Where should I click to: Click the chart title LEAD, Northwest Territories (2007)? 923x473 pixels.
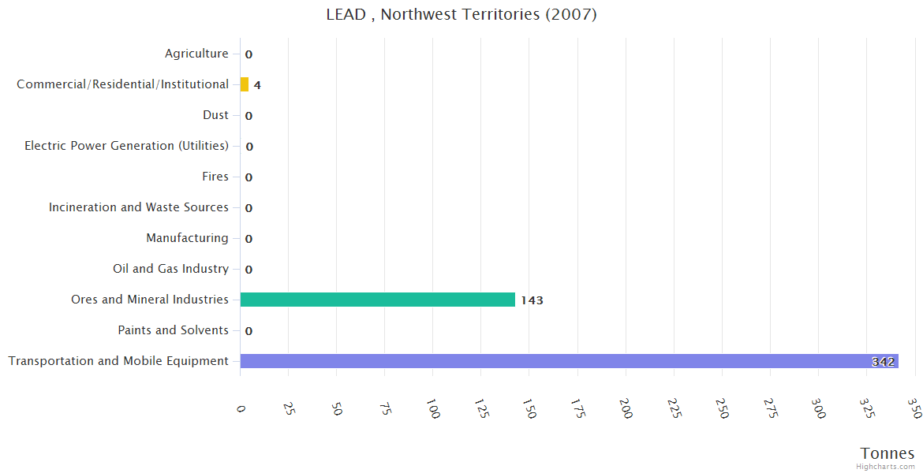[461, 15]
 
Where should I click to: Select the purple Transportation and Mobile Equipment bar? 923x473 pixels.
[568, 361]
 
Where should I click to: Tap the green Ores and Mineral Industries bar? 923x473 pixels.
[377, 300]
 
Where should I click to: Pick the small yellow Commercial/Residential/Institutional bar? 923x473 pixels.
[245, 84]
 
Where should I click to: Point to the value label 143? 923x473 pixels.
[532, 300]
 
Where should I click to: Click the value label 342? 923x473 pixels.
[883, 362]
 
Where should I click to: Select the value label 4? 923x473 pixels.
[257, 85]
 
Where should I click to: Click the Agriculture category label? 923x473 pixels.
[196, 54]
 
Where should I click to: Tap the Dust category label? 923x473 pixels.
[215, 115]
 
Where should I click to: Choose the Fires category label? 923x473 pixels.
[215, 177]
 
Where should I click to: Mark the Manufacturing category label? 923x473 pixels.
[187, 238]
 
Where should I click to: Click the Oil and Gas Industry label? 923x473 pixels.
[170, 269]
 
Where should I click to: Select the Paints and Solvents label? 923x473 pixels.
[173, 330]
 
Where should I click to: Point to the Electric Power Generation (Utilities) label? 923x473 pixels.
[126, 146]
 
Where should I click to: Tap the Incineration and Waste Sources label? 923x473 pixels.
[138, 207]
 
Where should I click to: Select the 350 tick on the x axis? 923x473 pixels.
[914, 408]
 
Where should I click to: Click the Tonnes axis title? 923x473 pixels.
[887, 453]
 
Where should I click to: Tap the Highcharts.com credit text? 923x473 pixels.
[886, 467]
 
